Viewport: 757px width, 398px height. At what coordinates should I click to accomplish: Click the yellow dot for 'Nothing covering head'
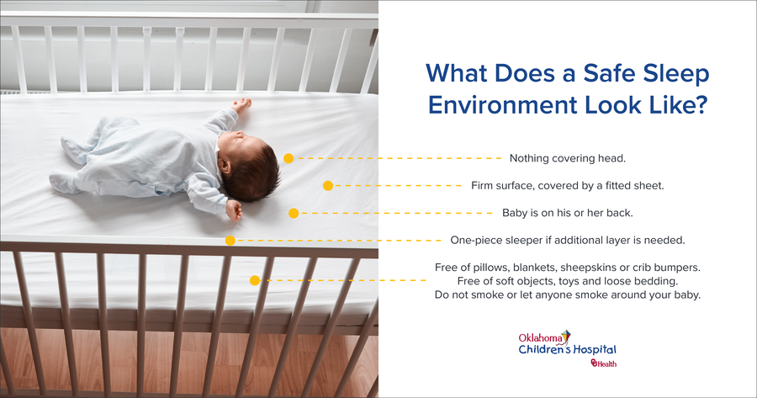tap(289, 158)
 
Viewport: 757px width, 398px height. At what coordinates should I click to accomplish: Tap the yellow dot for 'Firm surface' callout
tap(328, 185)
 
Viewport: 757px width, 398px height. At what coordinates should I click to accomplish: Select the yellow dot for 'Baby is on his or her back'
tap(294, 213)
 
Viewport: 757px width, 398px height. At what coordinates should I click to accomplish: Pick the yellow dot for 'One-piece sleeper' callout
tap(230, 241)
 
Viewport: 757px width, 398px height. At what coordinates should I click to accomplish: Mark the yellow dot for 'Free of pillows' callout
tap(255, 280)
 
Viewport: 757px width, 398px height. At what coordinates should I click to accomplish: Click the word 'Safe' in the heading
tap(608, 73)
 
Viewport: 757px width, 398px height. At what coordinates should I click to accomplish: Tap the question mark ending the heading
tap(701, 105)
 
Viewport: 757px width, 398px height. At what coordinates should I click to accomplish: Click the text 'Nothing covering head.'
tap(567, 158)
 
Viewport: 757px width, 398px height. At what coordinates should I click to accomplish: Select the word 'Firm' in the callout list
tap(483, 185)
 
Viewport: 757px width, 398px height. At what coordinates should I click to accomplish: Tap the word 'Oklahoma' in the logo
tap(540, 337)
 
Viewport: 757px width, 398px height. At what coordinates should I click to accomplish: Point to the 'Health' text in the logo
tap(606, 364)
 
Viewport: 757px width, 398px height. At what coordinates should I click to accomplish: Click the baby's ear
tap(225, 167)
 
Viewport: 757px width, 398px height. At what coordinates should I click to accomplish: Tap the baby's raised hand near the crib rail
tap(242, 103)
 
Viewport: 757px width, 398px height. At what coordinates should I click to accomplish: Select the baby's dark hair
tap(252, 170)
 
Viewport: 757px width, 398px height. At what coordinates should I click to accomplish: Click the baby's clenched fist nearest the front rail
tap(234, 210)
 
